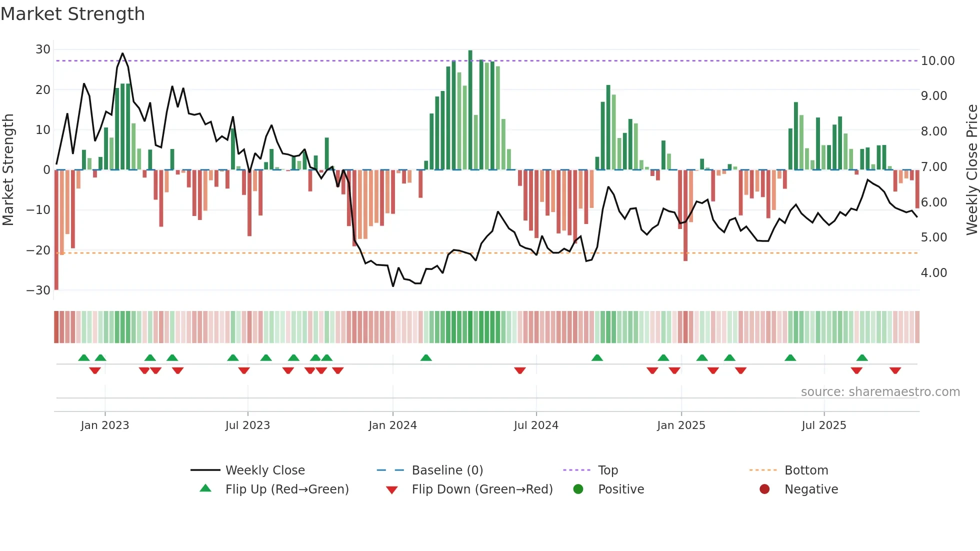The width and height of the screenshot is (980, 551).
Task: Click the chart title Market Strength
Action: point(72,14)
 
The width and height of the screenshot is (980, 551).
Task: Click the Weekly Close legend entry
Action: point(264,470)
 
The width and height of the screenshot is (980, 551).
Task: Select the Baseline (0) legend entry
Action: point(447,470)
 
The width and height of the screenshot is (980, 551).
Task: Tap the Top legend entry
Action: point(607,470)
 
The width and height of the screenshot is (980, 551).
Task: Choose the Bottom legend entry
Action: point(806,470)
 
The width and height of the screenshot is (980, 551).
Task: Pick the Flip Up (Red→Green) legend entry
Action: point(286,489)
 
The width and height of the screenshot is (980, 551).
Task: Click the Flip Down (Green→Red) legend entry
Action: point(482,489)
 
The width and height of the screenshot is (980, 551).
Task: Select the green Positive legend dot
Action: point(578,489)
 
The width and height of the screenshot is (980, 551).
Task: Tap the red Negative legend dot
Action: point(764,489)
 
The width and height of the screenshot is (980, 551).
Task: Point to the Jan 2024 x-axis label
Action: point(392,425)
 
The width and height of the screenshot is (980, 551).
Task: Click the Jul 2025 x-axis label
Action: point(823,425)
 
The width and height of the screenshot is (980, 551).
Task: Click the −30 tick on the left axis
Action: point(38,290)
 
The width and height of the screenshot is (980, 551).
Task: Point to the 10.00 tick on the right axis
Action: point(937,61)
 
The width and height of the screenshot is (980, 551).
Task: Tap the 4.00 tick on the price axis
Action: point(933,272)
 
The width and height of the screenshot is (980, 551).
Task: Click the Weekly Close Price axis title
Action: point(971,169)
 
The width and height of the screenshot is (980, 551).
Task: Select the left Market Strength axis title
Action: point(8,169)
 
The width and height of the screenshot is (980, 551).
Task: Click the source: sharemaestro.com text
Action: point(880,391)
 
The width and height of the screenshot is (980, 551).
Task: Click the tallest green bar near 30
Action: point(470,110)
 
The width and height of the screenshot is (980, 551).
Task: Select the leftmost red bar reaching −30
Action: point(56,230)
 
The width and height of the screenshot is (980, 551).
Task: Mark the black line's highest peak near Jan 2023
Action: point(122,53)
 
